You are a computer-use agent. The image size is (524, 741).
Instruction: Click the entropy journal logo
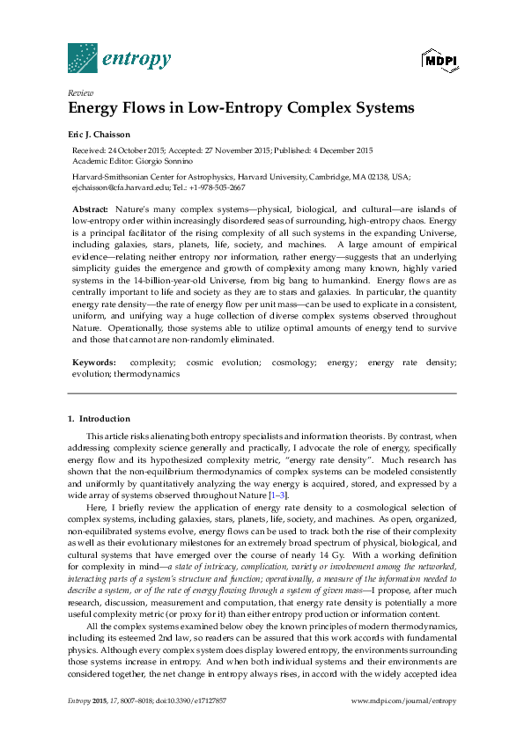point(119,59)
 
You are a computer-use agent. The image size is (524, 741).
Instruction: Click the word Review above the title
point(80,92)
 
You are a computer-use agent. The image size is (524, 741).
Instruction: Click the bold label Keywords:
point(93,363)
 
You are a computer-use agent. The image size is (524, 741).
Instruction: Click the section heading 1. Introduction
point(99,418)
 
